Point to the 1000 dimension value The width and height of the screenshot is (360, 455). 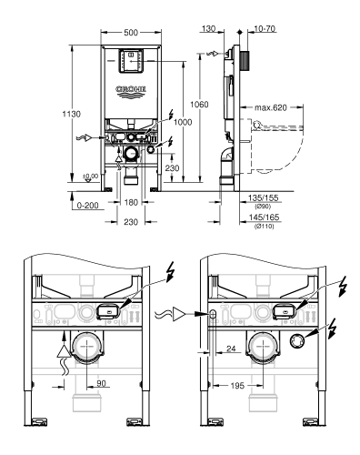[180, 122]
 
